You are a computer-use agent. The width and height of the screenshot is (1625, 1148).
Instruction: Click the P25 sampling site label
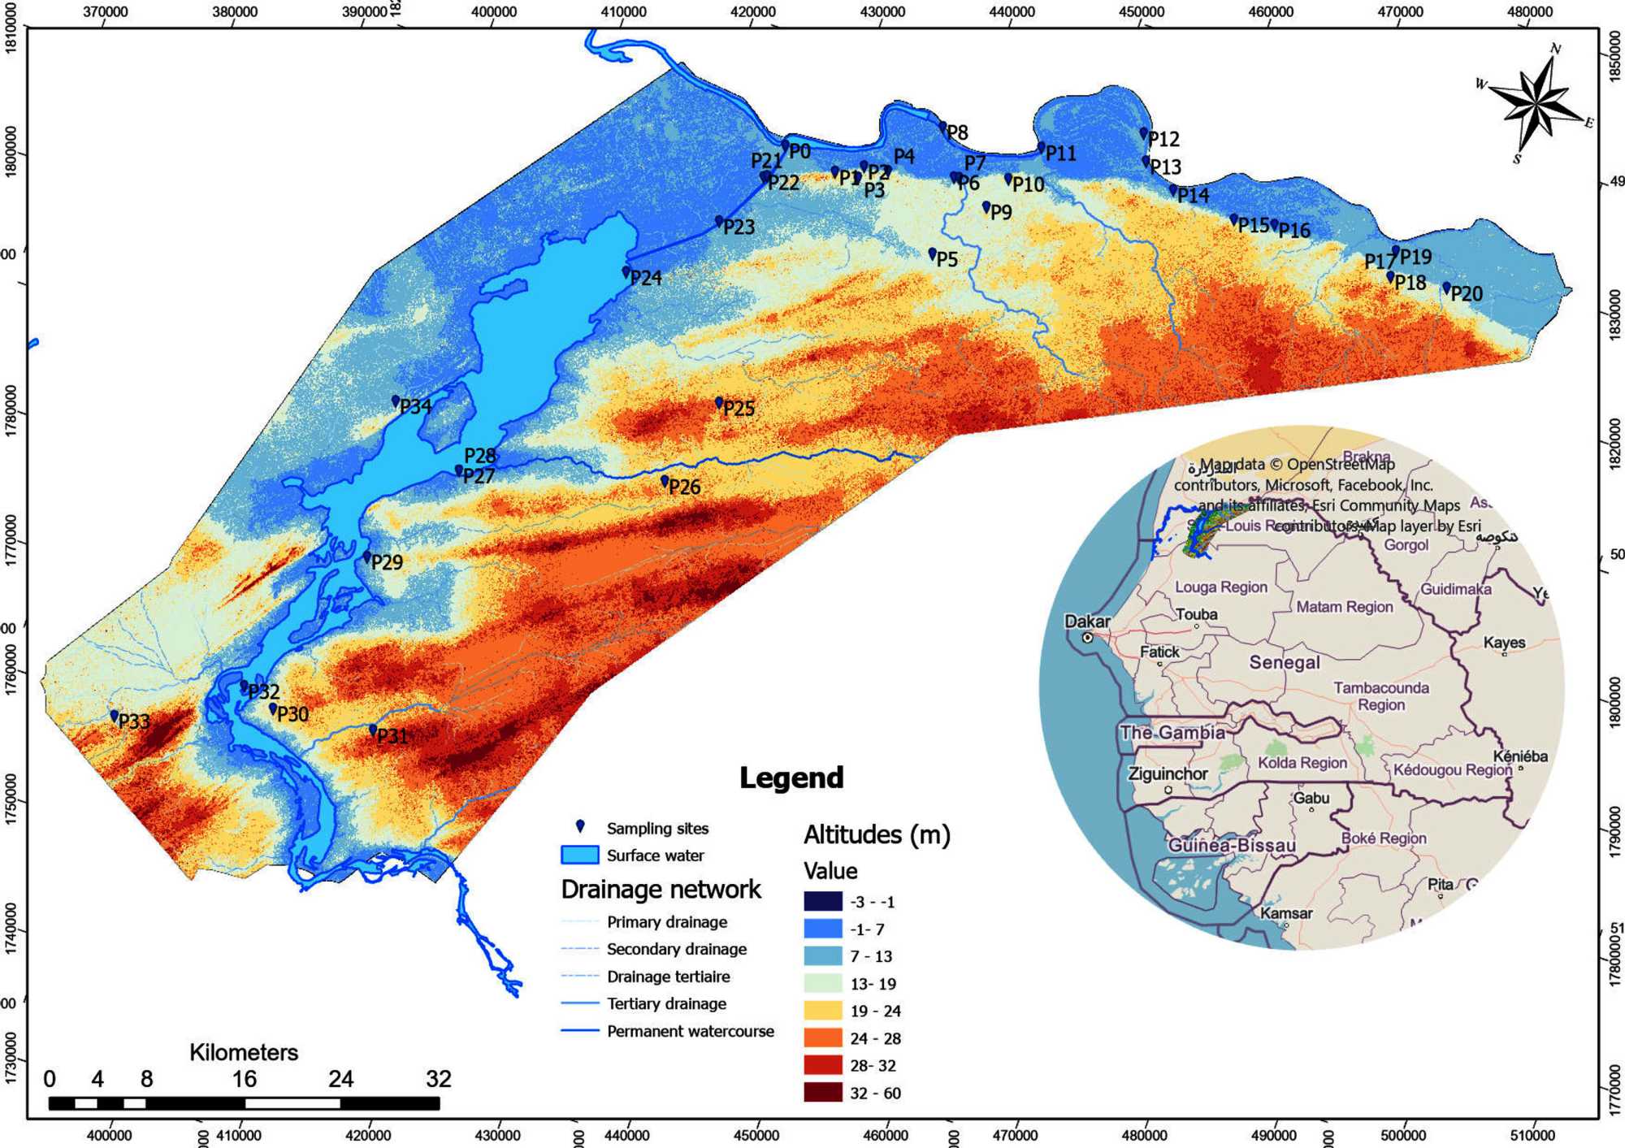(739, 409)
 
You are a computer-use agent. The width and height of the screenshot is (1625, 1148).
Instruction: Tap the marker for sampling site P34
(396, 401)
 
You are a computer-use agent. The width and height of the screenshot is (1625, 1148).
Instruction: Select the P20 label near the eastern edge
(1467, 294)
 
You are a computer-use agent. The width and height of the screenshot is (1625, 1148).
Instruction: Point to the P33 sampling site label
(134, 721)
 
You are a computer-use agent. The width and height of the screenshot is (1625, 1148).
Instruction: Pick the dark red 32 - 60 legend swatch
(822, 1093)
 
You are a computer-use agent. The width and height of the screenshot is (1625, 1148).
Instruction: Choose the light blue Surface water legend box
(579, 856)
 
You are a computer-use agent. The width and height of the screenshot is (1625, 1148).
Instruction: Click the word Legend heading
(791, 778)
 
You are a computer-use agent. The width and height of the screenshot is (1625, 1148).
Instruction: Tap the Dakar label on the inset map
(1087, 622)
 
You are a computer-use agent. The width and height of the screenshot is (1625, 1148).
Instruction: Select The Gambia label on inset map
(1172, 733)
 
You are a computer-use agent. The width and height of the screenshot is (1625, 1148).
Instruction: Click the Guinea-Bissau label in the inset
(1232, 846)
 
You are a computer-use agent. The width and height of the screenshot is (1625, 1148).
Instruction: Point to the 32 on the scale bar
(438, 1079)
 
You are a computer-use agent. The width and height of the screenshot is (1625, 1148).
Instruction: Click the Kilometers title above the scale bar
(244, 1053)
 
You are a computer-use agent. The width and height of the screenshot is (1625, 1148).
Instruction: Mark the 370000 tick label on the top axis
(106, 12)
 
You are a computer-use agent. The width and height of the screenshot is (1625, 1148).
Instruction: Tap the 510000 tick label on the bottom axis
(1532, 1135)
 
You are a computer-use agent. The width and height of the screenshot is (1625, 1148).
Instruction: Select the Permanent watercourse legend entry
(690, 1032)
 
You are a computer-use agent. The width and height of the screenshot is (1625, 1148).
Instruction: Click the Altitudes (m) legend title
(877, 835)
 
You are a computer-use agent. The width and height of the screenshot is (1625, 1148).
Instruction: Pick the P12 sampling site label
(1164, 139)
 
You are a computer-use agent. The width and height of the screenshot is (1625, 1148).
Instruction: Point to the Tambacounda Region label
(1381, 696)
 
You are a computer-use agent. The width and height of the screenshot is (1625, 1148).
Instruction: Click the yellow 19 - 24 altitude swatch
(822, 1011)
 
